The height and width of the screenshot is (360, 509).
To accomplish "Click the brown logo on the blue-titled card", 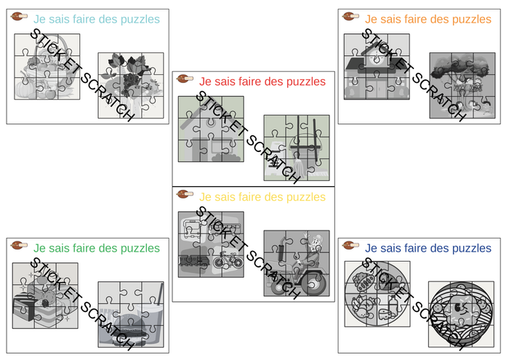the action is (350, 245).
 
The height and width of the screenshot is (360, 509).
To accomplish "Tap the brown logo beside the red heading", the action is (185, 79).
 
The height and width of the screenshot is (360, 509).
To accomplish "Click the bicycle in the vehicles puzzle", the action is (228, 260).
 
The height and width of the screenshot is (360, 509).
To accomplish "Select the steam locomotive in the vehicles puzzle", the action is (194, 260).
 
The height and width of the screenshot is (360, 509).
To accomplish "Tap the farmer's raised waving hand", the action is (305, 236).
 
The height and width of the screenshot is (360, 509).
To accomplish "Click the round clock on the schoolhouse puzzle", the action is (376, 59).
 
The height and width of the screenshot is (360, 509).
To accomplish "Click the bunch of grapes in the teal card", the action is (130, 81).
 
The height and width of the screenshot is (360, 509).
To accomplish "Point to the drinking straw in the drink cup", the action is (160, 294).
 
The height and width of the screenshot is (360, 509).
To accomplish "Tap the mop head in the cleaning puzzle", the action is (300, 167).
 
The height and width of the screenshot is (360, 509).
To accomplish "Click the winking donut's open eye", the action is (457, 307).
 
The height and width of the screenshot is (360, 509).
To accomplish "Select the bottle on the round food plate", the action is (393, 304).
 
